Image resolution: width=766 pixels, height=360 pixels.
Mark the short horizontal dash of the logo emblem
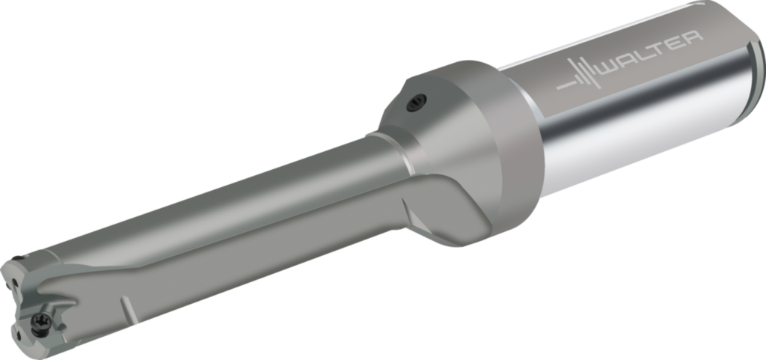point(568,85)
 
